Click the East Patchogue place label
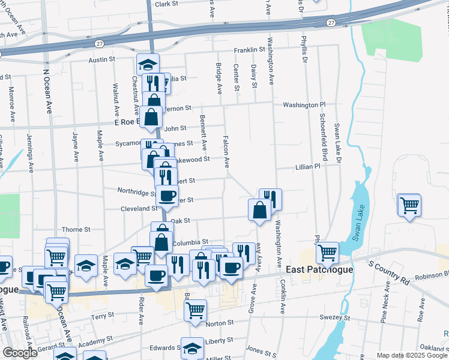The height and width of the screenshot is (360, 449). click(319, 269)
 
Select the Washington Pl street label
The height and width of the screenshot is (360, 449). click(304, 104)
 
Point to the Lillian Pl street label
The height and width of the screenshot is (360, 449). click(308, 167)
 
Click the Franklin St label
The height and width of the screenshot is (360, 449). click(249, 50)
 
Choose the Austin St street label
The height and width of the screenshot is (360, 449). click(101, 60)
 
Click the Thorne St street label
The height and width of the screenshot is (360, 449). click(76, 229)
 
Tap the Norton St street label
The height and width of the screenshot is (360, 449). click(220, 323)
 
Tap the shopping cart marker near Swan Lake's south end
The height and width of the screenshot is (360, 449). click(328, 252)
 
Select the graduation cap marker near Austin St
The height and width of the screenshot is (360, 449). click(147, 64)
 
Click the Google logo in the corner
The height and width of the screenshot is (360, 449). click(20, 353)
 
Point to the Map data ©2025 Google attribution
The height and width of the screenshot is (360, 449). click(411, 355)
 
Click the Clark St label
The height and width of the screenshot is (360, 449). click(167, 4)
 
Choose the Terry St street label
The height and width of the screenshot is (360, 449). click(102, 316)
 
